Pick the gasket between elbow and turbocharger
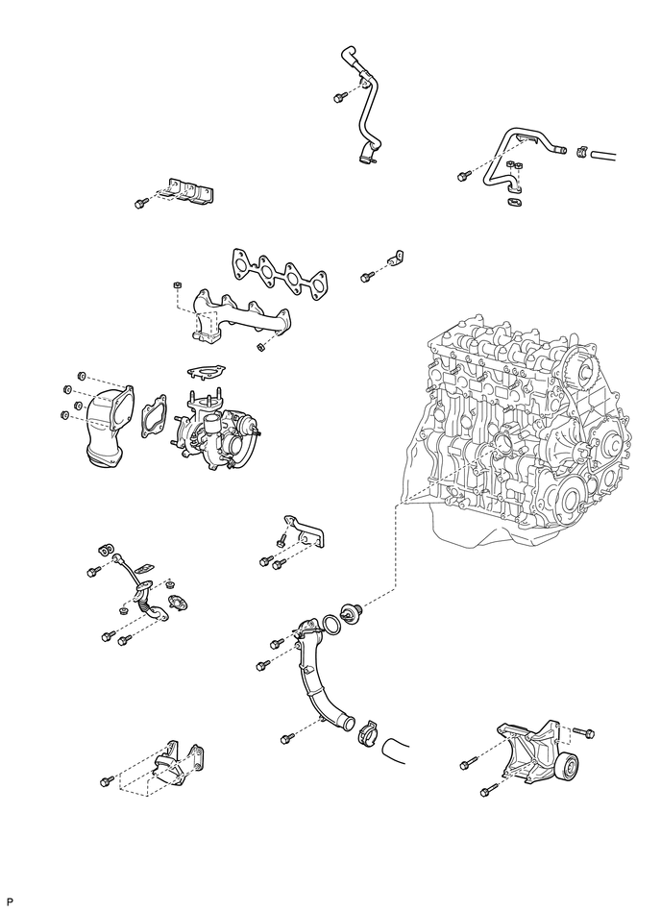pos(154,416)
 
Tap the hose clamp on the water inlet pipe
pos(367,732)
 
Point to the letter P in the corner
pos(10,901)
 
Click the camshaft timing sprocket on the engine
pos(582,366)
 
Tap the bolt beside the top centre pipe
pos(338,98)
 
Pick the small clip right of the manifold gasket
pos(396,258)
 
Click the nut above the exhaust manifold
pos(175,285)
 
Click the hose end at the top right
pos(602,155)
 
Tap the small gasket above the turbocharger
pos(206,371)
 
